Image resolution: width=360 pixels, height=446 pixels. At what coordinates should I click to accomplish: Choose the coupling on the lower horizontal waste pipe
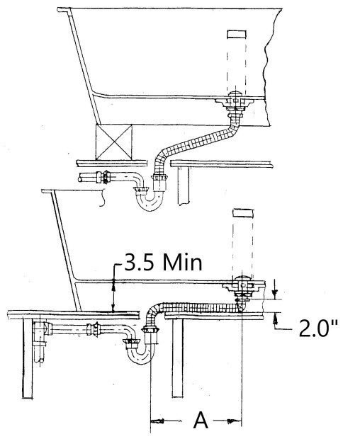coord(91,330)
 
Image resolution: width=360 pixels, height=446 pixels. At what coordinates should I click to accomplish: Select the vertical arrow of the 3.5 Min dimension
coord(113,295)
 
